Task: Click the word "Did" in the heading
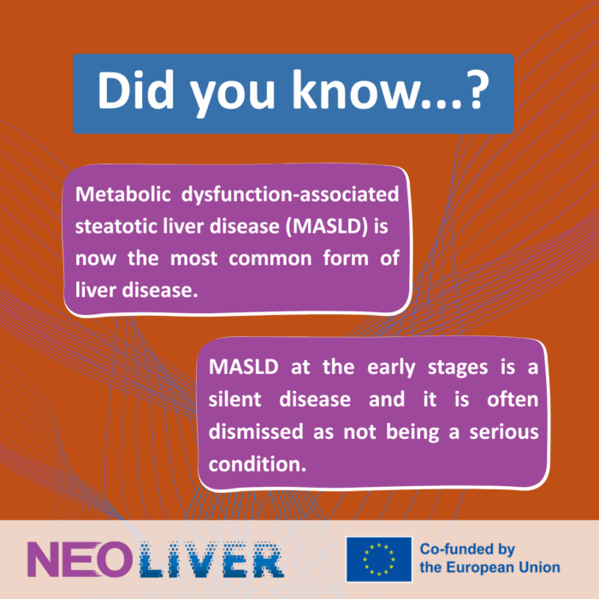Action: (135, 90)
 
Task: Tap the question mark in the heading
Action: (477, 90)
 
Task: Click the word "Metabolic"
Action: (122, 194)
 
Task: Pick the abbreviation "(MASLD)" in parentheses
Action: (327, 226)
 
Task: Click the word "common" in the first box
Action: (270, 259)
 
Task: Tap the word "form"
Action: (346, 258)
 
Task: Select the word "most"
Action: (193, 259)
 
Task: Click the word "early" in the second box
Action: (391, 368)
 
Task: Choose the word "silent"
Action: (235, 400)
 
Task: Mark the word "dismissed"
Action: (256, 431)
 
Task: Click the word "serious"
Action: (504, 432)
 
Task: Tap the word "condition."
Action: (258, 465)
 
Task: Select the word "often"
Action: (513, 400)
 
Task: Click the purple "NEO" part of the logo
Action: (78, 560)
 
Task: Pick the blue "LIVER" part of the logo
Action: (211, 560)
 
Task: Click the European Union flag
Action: (379, 560)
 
